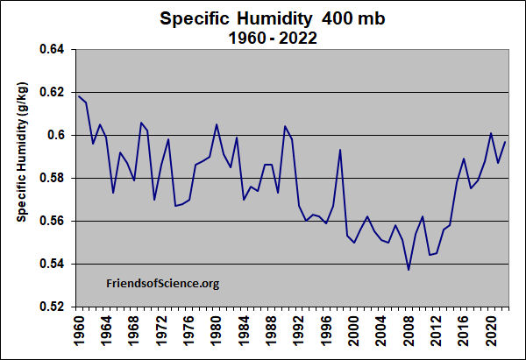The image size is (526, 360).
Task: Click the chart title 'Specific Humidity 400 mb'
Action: (263, 18)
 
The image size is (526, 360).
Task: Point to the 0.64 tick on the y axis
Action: (53, 50)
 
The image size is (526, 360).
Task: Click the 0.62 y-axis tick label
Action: (53, 93)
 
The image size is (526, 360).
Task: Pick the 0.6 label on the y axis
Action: (59, 136)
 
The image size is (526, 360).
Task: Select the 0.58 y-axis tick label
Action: (53, 179)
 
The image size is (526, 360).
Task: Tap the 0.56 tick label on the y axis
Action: (53, 222)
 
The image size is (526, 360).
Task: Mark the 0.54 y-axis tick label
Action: (53, 265)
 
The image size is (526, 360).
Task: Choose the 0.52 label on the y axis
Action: (53, 307)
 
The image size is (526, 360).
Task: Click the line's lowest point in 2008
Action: (409, 270)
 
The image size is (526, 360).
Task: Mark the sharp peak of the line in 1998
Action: (339, 150)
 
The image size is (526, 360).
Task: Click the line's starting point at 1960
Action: (78, 95)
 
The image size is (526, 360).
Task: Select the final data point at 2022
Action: (505, 142)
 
